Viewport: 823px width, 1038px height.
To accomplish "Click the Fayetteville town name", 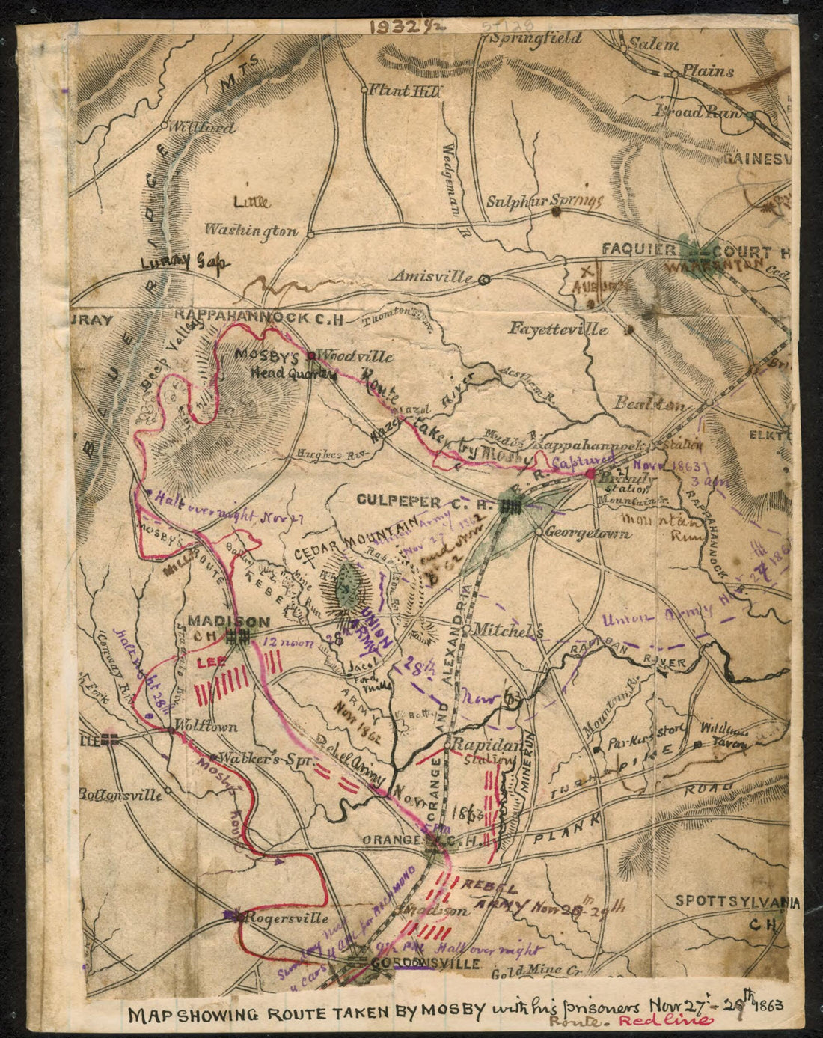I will [x=559, y=328].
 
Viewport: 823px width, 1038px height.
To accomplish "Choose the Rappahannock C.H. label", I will [x=258, y=318].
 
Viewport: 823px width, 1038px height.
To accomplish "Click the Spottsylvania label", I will [x=736, y=903].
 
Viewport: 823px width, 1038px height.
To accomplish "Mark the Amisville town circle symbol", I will [x=484, y=278].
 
